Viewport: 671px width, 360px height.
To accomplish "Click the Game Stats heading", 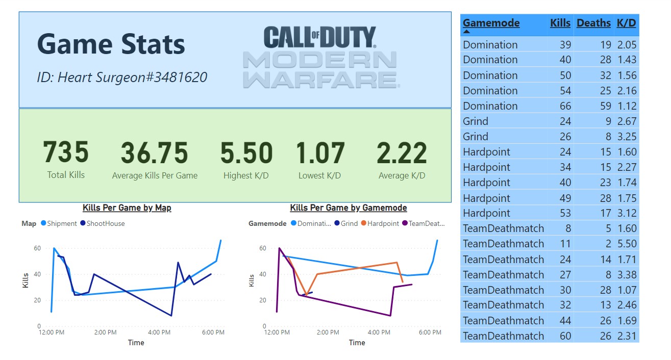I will tap(111, 44).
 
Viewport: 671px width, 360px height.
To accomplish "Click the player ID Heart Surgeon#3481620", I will tap(122, 78).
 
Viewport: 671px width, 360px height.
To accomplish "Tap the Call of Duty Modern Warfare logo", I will tap(320, 57).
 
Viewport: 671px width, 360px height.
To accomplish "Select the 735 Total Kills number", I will tap(66, 153).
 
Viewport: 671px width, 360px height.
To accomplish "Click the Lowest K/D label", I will tap(319, 175).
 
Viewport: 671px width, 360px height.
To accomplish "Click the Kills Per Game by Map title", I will tap(127, 208).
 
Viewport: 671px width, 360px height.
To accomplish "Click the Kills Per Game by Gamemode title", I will tap(348, 208).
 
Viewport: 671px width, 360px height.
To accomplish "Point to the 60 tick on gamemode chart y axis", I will tap(262, 248).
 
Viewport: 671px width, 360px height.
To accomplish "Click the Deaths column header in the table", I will tap(593, 23).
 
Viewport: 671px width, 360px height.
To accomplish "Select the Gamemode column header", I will tap(491, 23).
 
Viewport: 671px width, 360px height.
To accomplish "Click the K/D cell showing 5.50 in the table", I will tap(626, 244).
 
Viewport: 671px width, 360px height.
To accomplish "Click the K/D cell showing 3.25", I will tap(626, 137).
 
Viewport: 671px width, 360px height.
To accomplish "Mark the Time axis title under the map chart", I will tap(136, 343).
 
